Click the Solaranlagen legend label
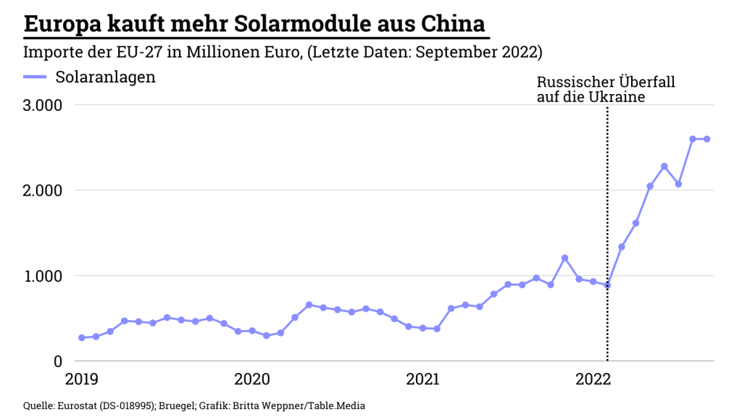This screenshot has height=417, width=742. [x=105, y=77]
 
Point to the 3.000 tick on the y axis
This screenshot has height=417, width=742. [x=42, y=105]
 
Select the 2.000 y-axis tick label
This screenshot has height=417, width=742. [x=42, y=190]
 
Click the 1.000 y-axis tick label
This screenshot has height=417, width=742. [x=42, y=276]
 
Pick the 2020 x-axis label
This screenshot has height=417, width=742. [x=252, y=379]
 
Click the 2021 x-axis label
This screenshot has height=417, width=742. [x=423, y=379]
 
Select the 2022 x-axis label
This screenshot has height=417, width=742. [x=593, y=379]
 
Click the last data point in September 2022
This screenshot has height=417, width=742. [x=706, y=139]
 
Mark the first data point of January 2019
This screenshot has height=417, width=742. [x=81, y=338]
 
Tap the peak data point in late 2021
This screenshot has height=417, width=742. [x=564, y=258]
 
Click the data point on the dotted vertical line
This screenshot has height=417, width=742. [x=607, y=285]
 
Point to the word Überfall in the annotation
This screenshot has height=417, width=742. [x=648, y=83]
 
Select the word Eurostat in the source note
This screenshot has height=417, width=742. [x=79, y=405]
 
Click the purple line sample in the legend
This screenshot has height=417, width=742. [x=35, y=77]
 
